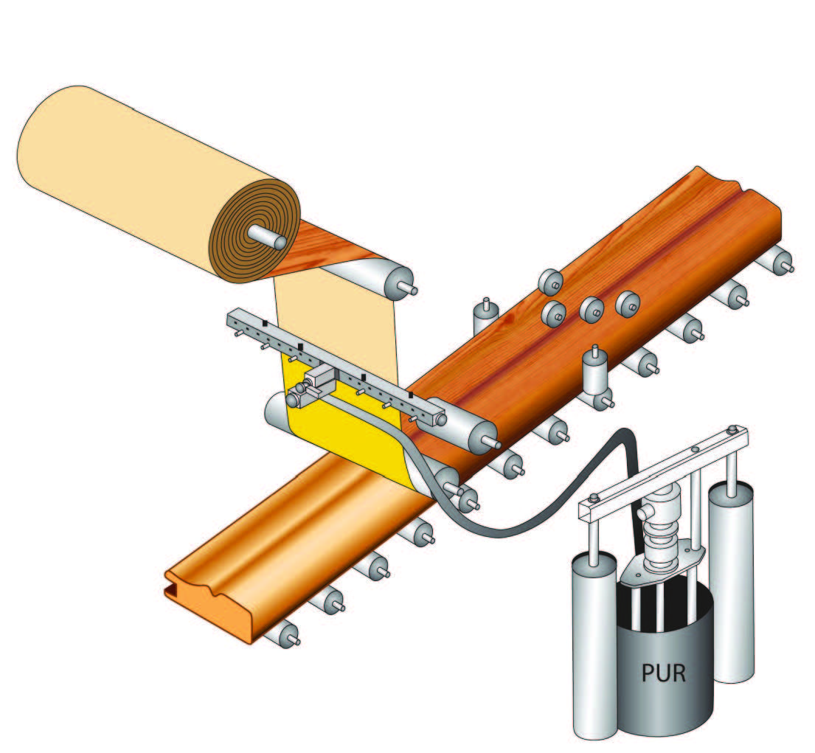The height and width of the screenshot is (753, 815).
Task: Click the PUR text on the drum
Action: coord(664,673)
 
